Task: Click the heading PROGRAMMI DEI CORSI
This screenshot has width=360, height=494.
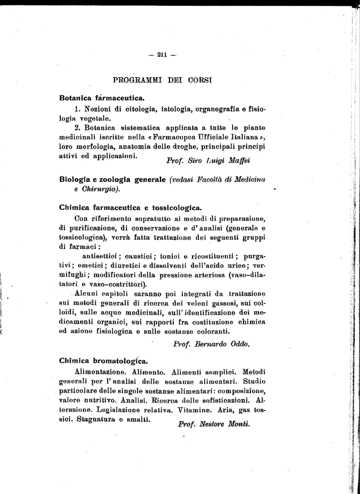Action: pyautogui.click(x=163, y=78)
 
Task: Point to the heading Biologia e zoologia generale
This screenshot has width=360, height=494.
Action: pyautogui.click(x=112, y=179)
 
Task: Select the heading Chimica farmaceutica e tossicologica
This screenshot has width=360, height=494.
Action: pyautogui.click(x=130, y=208)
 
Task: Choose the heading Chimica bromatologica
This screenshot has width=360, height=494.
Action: pyautogui.click(x=103, y=361)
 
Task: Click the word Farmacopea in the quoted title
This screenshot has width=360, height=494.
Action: pyautogui.click(x=177, y=137)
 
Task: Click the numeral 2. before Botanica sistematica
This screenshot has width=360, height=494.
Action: pyautogui.click(x=78, y=128)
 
